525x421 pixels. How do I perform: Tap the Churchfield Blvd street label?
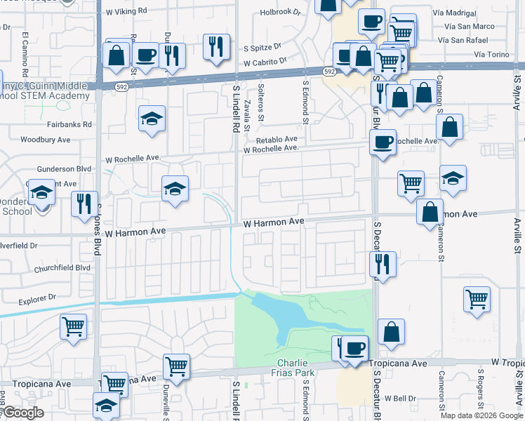coord(63,268)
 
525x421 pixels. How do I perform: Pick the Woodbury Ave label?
coord(46,140)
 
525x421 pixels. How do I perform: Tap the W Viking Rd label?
coord(126,12)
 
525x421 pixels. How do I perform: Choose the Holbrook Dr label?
coord(280,12)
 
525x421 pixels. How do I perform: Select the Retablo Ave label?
coord(277,140)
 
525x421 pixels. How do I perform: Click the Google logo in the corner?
coord(22,413)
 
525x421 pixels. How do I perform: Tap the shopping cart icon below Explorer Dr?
coord(74,326)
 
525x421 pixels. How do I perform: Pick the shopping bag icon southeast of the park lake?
coord(391,331)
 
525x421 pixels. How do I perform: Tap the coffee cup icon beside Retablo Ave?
coord(383,142)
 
